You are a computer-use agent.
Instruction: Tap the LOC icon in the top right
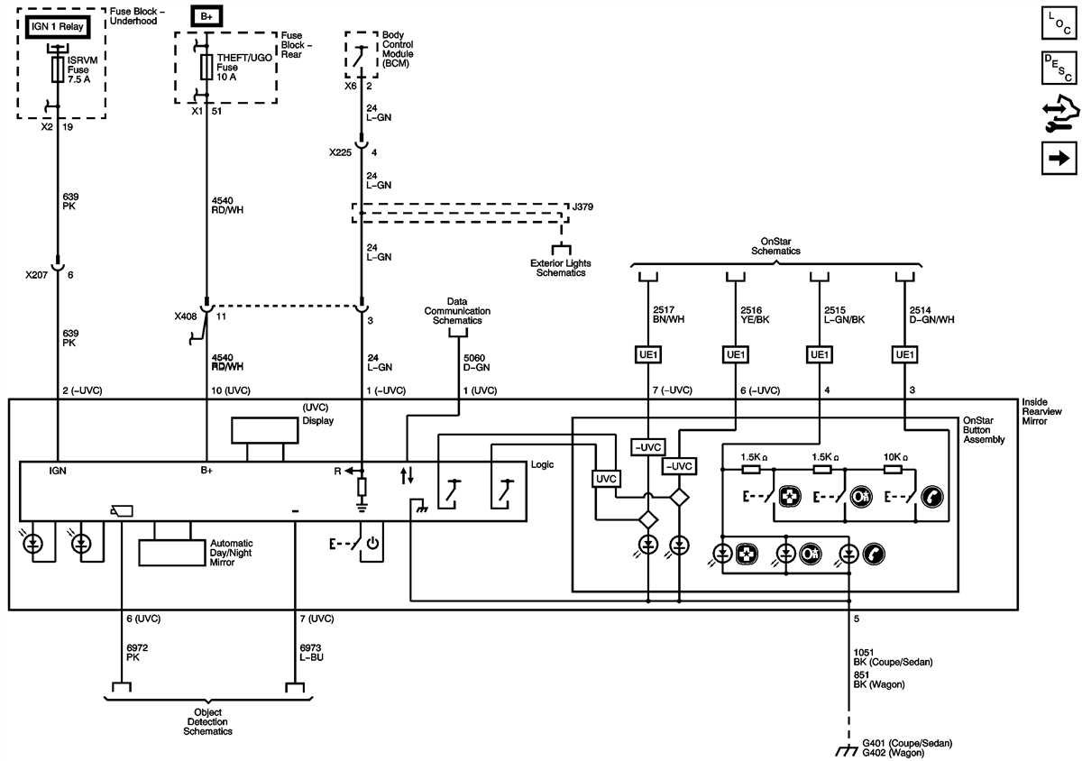pyautogui.click(x=1059, y=23)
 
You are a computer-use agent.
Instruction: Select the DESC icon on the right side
pyautogui.click(x=1059, y=68)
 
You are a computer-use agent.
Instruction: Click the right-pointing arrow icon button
pyautogui.click(x=1059, y=159)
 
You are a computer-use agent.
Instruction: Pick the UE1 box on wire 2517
pyautogui.click(x=649, y=355)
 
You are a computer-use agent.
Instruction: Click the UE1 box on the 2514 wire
pyautogui.click(x=903, y=355)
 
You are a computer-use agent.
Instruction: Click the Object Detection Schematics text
pyautogui.click(x=207, y=722)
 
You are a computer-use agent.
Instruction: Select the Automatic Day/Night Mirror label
pyautogui.click(x=231, y=553)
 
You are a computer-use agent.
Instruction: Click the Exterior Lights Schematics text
pyautogui.click(x=561, y=268)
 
